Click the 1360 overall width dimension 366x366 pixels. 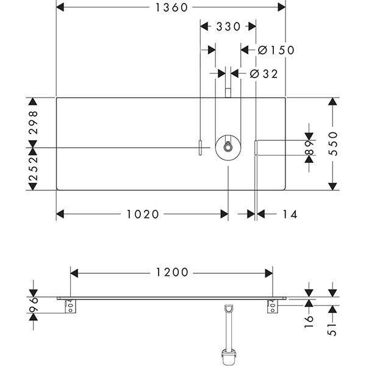coord(171,7)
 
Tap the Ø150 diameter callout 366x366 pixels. coord(276,51)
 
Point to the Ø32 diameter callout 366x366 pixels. coord(264,74)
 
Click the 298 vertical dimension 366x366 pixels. coord(34,122)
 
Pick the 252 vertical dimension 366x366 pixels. coord(34,170)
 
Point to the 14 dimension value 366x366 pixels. coord(290,214)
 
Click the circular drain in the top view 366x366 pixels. coord(227,147)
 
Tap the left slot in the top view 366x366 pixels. coord(199,148)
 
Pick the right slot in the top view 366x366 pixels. coord(256,148)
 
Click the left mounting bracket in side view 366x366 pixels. coord(72,306)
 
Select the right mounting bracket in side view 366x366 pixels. coord(271,306)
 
